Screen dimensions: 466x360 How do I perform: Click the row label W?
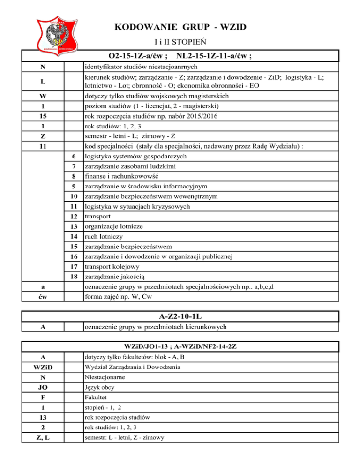click(x=43, y=96)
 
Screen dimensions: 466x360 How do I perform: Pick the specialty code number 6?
click(x=73, y=156)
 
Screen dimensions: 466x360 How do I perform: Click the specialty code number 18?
click(x=73, y=277)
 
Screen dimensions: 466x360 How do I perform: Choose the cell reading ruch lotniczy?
click(x=104, y=237)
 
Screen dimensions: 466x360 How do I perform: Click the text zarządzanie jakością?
click(x=116, y=277)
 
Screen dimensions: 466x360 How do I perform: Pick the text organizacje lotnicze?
click(x=114, y=226)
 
